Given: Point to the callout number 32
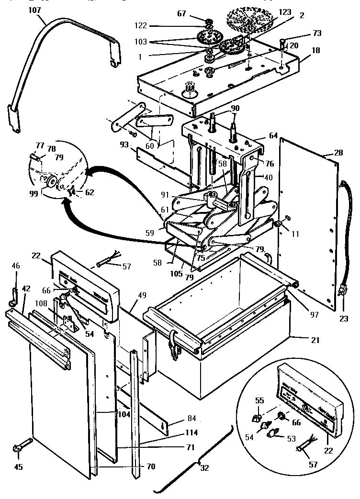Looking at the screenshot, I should click(x=205, y=468).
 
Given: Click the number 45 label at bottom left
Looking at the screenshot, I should click(x=19, y=467).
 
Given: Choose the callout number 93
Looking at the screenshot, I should click(x=124, y=144).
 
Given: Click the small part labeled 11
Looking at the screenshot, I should click(x=278, y=224).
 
